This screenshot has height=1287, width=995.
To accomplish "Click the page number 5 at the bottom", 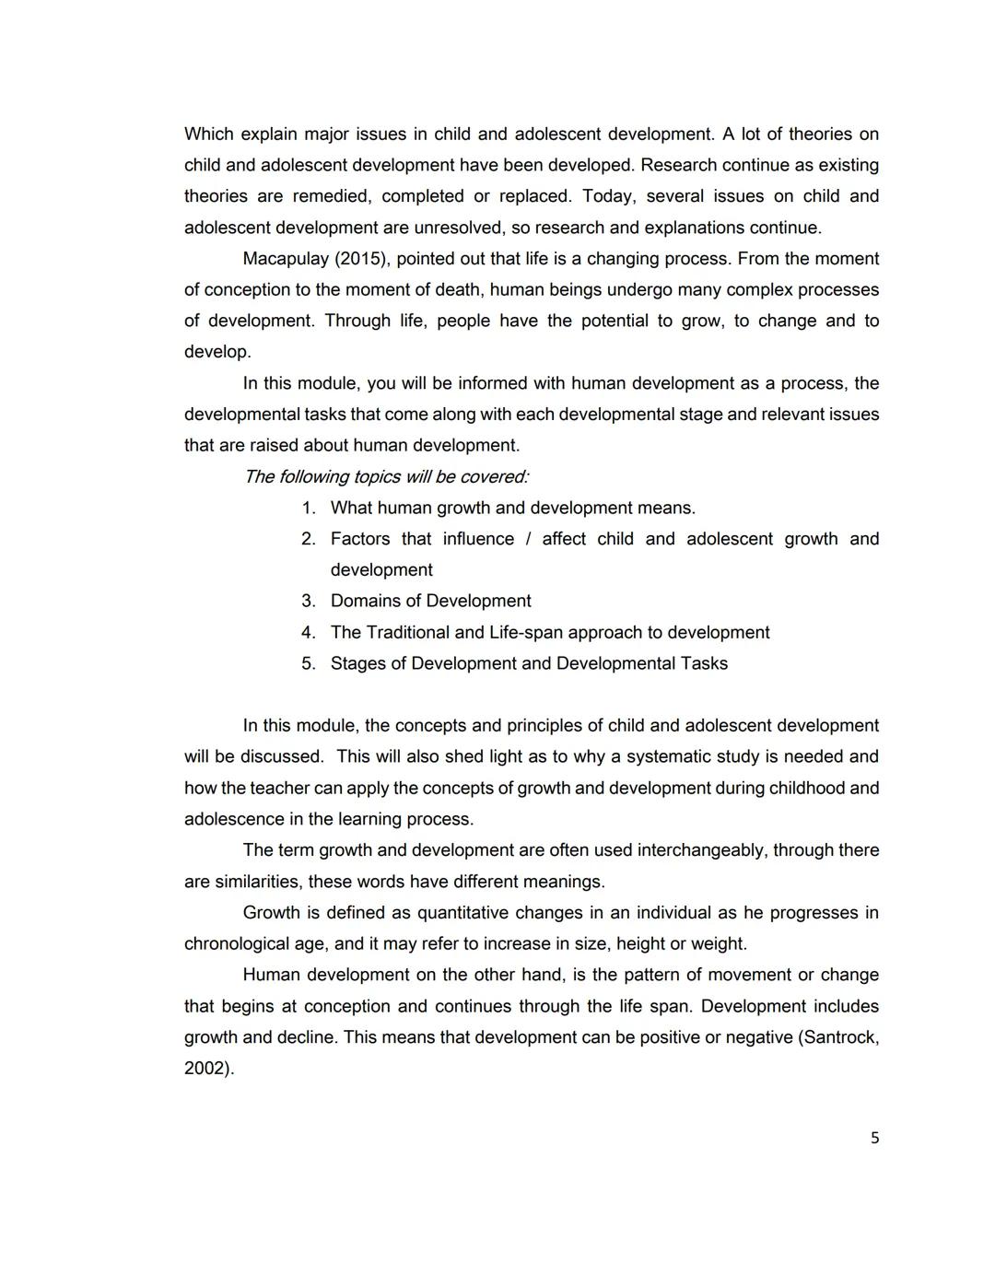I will tap(874, 1138).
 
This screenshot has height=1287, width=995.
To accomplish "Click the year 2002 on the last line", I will tap(206, 1069).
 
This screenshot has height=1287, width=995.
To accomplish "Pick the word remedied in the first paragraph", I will tap(331, 196).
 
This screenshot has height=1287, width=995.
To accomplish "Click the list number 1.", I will tap(309, 508).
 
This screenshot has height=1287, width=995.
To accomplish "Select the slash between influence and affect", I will tap(528, 539).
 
